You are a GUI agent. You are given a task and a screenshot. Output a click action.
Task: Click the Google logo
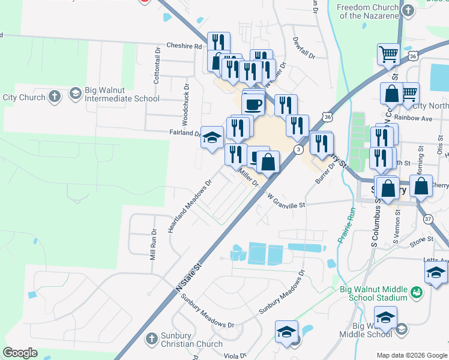click(x=20, y=353)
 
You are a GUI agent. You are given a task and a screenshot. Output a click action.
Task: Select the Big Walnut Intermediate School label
click(x=122, y=95)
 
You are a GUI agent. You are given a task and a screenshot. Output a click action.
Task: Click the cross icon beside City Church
click(x=54, y=96)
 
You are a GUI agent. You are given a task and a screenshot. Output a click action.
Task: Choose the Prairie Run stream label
click(x=345, y=225)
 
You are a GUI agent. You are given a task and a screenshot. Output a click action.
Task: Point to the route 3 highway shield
click(x=298, y=149)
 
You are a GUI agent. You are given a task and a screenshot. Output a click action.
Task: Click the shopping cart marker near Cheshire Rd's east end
click(x=388, y=55)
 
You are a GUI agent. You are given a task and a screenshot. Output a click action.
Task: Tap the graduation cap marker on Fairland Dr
click(x=211, y=137)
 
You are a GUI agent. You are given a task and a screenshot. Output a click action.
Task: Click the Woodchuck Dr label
click(x=186, y=100)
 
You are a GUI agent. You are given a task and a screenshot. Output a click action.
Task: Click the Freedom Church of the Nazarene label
click(x=367, y=11)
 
